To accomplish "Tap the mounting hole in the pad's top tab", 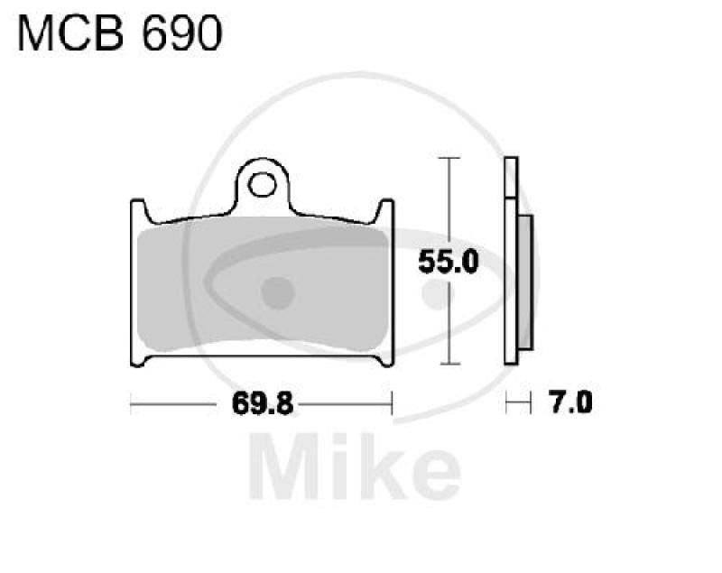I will pos(263,185).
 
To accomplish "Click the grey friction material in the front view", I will pos(262,289).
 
